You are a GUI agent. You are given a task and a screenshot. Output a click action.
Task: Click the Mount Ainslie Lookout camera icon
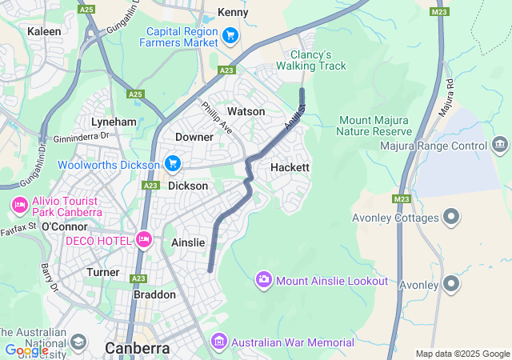pos(263,280)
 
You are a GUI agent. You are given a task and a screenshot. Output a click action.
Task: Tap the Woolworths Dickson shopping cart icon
pos(172,164)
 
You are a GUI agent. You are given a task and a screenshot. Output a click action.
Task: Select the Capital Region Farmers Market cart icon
pos(230,35)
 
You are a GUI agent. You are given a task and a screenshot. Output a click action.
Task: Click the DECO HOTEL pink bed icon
pos(144,238)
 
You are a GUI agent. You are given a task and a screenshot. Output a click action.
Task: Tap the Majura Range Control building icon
pos(500,145)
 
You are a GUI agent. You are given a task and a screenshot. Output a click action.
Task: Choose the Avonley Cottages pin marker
pos(451,217)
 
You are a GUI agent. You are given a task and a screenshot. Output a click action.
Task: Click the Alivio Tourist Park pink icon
pos(19,206)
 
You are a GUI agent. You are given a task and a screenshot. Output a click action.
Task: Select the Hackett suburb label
pos(290,167)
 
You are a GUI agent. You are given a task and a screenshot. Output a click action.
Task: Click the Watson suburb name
pos(246,111)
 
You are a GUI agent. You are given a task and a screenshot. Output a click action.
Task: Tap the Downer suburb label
pos(194,137)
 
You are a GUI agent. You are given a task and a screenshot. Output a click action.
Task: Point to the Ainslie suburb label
pos(188,242)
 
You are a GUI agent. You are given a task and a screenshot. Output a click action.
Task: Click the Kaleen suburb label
pos(44,31)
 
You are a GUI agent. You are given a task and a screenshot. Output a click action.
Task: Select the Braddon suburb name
pos(154,294)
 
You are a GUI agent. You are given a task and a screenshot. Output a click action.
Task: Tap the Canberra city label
pos(138,348)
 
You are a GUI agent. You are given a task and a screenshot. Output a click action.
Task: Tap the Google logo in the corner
pos(26,350)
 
